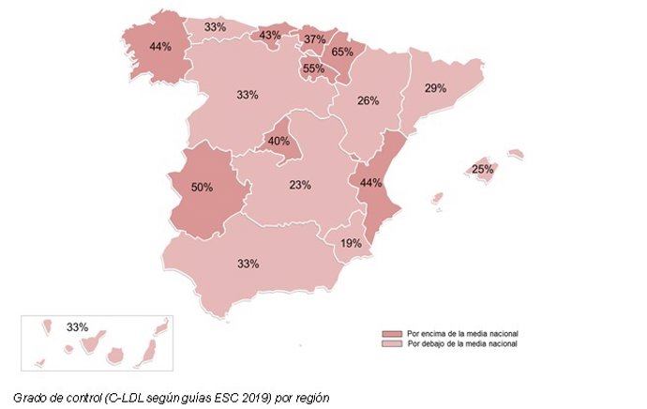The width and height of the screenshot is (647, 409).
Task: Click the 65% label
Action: pos(342,53)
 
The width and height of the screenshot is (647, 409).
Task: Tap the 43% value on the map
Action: pos(270,37)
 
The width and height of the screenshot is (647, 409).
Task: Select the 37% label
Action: pos(314,39)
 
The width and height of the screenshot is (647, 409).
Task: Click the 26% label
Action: pos(369,100)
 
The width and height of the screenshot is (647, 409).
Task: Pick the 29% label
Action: pos(435,88)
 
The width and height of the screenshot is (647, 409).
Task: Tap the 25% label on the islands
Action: pos(483,170)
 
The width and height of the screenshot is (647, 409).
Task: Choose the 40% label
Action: pos(278,142)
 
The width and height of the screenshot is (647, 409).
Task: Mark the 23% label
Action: pos(300,186)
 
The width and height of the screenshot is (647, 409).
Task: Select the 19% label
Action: pos(351,244)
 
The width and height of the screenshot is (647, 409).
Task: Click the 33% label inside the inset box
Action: pos(77,327)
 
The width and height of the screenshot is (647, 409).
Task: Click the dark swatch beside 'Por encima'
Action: pos(391,334)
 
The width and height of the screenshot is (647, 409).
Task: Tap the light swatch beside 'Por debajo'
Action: pos(391,344)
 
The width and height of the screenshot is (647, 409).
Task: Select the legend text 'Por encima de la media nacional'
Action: pos(462,334)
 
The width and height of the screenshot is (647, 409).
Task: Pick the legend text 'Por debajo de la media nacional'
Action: pos(462,344)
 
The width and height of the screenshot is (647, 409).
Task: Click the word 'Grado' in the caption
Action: pos(31,396)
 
